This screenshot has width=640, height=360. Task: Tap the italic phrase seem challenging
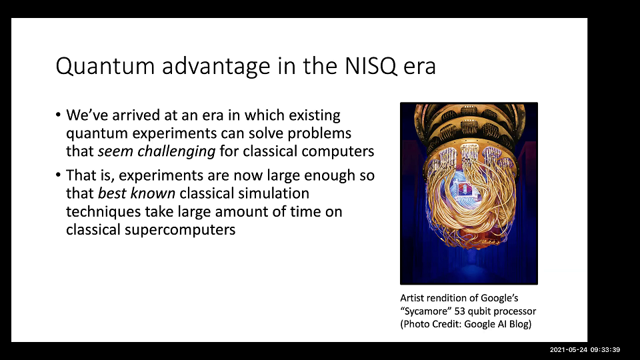pyautogui.click(x=157, y=151)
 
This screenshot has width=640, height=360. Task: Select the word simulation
pyautogui.click(x=277, y=194)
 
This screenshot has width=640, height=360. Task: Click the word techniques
pyautogui.click(x=100, y=212)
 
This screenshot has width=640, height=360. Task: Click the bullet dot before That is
pyautogui.click(x=58, y=177)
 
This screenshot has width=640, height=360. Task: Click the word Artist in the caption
pyautogui.click(x=412, y=299)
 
